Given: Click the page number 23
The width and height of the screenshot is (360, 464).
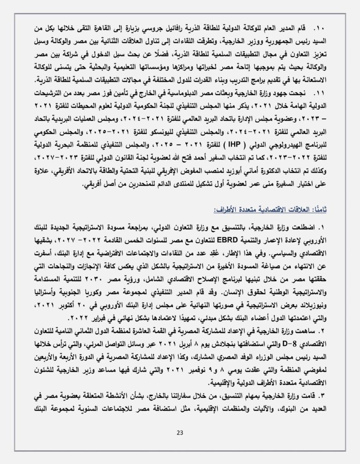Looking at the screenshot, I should tap(180, 432).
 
